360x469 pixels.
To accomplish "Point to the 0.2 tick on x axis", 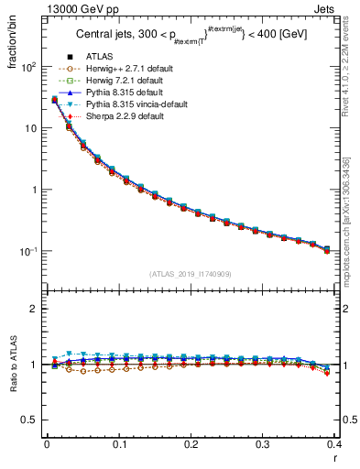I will (191, 444).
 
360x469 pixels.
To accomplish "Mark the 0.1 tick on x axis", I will (118, 444).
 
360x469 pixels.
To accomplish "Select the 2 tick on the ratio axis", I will (35, 309).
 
